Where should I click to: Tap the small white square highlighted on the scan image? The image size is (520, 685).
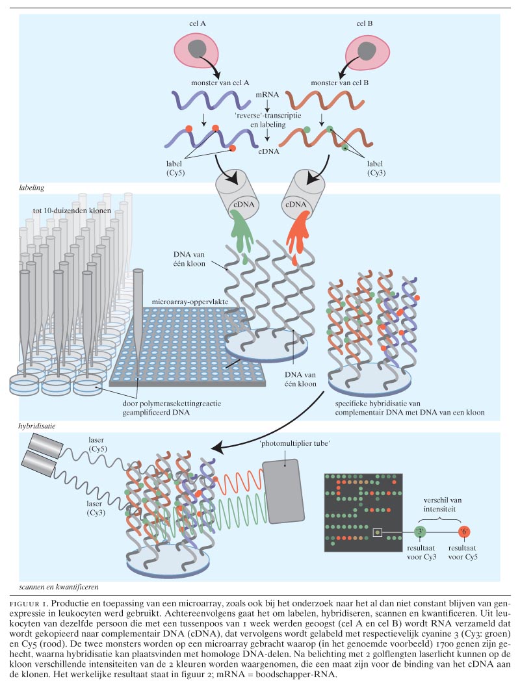point(376,533)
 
